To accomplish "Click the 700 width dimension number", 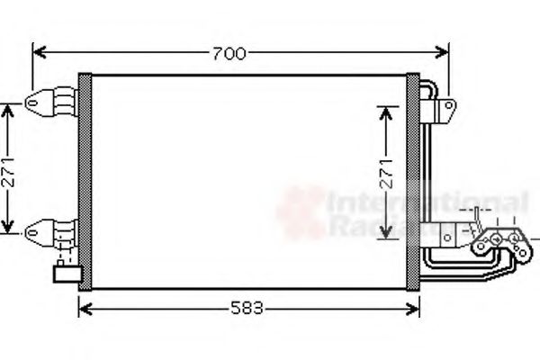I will click(229, 54).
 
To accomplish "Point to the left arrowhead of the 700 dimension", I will click(36, 54).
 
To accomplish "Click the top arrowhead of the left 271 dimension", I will click(10, 107).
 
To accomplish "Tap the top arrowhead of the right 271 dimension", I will click(387, 111).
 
